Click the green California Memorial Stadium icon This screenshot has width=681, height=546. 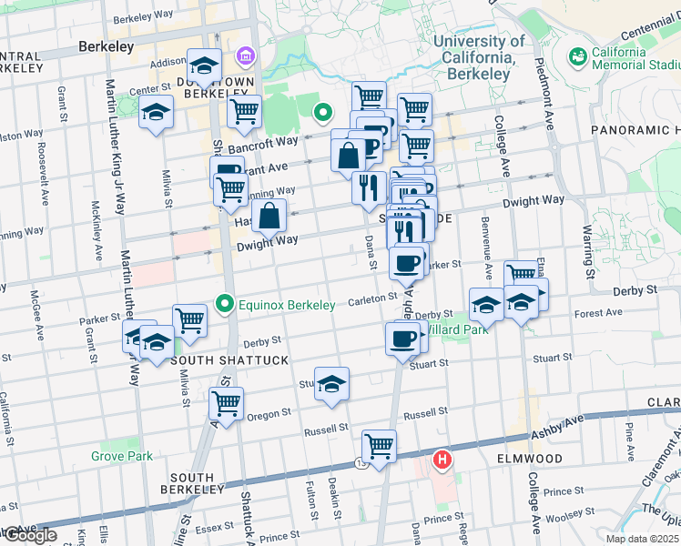pos(577,57)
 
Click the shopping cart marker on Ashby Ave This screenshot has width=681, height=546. pos(379,446)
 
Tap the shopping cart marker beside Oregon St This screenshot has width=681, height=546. pos(226,402)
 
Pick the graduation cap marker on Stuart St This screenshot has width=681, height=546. pos(332,383)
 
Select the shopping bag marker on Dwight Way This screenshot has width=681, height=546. pos(270,217)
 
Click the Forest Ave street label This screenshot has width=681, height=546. pos(597,312)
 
